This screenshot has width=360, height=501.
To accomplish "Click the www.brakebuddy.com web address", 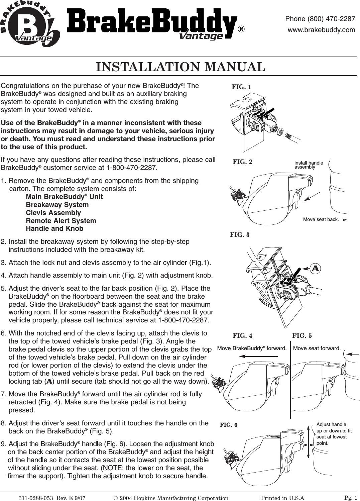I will (321, 30).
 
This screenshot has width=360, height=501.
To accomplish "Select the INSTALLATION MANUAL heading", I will (181, 67).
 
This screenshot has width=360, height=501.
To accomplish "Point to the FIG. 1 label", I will (241, 87).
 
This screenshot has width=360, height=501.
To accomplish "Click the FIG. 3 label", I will (240, 235).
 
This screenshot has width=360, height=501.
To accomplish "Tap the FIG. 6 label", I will (229, 425).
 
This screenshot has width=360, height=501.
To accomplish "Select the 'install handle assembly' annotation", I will (309, 165).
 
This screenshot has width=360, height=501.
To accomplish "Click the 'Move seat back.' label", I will (321, 220).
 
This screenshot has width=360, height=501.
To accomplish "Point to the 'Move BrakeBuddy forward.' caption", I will (252, 348).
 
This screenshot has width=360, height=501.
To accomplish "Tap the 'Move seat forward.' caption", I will (317, 348).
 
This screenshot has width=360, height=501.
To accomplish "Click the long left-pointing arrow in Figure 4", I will (259, 357).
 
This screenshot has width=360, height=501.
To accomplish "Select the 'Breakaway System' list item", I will (57, 205).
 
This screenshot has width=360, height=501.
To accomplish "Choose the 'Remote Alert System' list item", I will (61, 221).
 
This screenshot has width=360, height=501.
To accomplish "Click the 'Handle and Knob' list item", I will (54, 229).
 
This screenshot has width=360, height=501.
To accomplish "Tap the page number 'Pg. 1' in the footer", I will (351, 497).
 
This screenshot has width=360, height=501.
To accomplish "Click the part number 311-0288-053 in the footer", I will (36, 498).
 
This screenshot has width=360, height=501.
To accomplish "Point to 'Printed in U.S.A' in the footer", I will (282, 498).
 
